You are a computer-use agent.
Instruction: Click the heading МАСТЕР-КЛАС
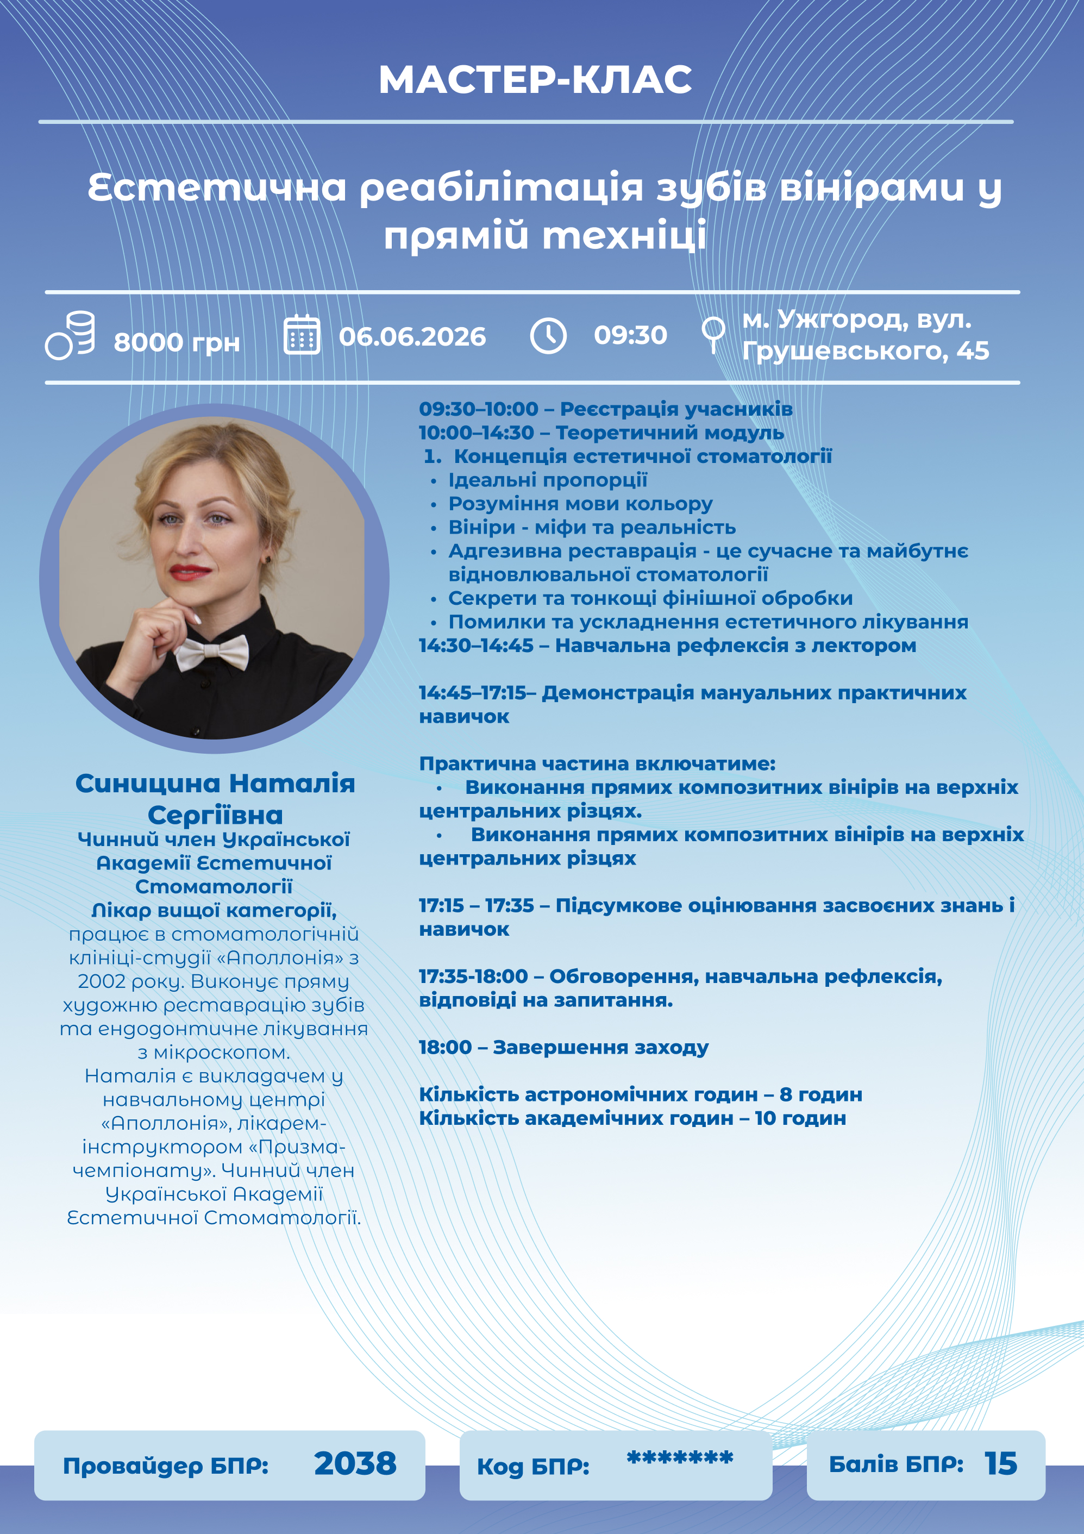pos(535,80)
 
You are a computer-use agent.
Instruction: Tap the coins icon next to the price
pos(71,335)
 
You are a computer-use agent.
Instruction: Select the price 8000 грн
pos(177,343)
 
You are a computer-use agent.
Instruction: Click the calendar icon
pos(302,335)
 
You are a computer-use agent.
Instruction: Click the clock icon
pos(548,335)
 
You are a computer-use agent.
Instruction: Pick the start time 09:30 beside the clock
pos(630,335)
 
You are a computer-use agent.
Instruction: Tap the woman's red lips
pos(190,572)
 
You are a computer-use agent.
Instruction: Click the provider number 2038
pos(355,1463)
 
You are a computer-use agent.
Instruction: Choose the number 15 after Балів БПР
pos(1000,1464)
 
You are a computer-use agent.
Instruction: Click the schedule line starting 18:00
pos(563,1048)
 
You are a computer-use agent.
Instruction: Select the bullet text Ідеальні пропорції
pos(548,480)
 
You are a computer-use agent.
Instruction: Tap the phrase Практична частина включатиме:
pos(597,763)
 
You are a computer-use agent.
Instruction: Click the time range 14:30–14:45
pos(475,646)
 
